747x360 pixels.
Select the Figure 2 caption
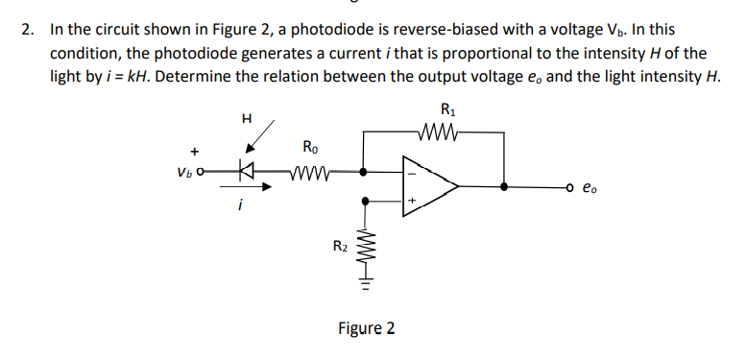(x=366, y=329)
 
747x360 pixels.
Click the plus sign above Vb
(x=195, y=151)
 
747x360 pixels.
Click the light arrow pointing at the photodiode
(x=261, y=136)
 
